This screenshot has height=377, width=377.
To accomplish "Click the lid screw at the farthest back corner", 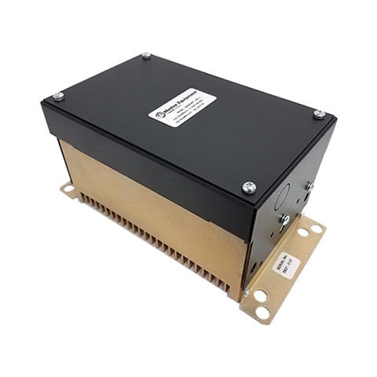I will click(147, 55).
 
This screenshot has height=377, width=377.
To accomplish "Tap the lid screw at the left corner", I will click(57, 97).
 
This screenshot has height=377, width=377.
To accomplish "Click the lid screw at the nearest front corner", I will click(249, 187).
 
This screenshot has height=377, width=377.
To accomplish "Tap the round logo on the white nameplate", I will click(159, 115).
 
